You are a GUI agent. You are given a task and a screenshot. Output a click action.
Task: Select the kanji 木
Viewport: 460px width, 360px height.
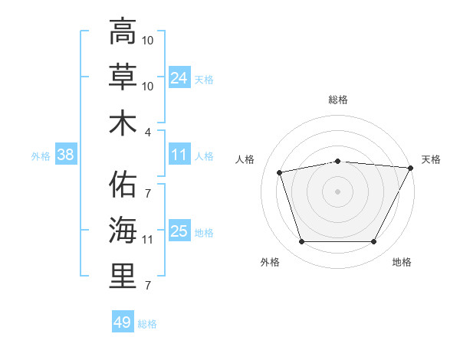pyautogui.click(x=123, y=123)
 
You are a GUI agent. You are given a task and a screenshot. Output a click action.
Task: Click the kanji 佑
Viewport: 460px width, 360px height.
pyautogui.click(x=123, y=185)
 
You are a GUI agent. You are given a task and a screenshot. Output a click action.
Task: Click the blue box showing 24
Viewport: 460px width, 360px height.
pyautogui.click(x=179, y=77)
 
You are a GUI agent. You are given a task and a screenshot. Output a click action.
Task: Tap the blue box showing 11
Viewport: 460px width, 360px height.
pyautogui.click(x=179, y=155)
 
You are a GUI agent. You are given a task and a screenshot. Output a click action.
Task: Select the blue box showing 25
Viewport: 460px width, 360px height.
pyautogui.click(x=179, y=231)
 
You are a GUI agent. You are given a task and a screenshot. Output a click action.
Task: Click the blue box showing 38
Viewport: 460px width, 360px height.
pyautogui.click(x=66, y=155)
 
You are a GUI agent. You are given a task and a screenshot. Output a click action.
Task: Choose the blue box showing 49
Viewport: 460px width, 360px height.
pyautogui.click(x=123, y=322)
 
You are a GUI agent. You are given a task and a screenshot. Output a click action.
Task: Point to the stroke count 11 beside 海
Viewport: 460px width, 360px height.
pyautogui.click(x=147, y=240)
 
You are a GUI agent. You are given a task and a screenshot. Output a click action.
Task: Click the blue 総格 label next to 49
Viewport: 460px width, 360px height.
pyautogui.click(x=147, y=324)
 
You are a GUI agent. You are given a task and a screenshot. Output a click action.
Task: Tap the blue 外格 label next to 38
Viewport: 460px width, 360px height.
pyautogui.click(x=41, y=156)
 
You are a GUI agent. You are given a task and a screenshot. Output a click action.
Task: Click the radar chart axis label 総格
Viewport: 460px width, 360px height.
pyautogui.click(x=337, y=100)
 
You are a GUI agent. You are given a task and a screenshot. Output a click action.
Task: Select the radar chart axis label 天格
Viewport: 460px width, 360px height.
pyautogui.click(x=431, y=159)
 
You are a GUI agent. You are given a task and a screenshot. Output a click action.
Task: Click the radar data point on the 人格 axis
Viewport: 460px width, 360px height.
pyautogui.click(x=280, y=172)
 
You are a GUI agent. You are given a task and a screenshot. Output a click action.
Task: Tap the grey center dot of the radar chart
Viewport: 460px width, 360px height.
pyautogui.click(x=337, y=191)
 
